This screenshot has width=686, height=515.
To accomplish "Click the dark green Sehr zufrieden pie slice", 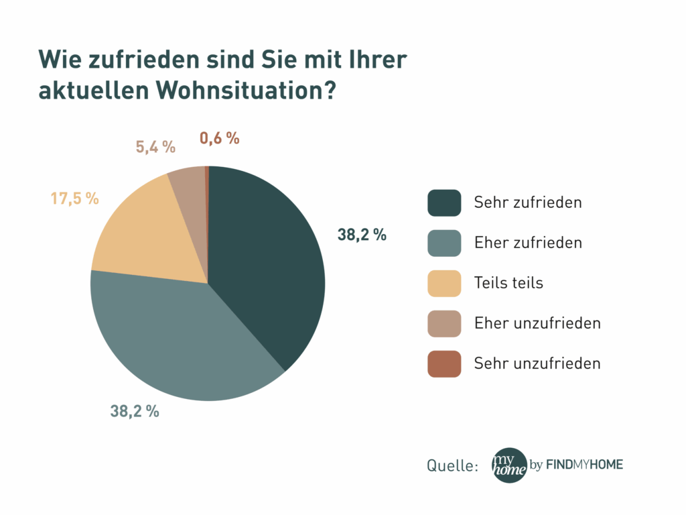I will pos(268,262).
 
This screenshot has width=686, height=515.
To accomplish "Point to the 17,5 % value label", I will pos(74,198).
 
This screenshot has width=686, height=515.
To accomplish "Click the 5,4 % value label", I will pos(155,147).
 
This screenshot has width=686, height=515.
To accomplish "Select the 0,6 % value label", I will pos(220,138).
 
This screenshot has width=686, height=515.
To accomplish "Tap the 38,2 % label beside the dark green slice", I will pos(362,235).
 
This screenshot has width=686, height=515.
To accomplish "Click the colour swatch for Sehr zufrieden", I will pos(444,203).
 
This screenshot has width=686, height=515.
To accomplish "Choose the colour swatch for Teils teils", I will pos(444,283).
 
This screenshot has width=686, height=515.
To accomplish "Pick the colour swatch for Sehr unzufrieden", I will pos(444,363).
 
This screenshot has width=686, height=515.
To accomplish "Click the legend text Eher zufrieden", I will pos(528,243).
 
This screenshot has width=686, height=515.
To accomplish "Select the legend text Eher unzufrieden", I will pos(537,323).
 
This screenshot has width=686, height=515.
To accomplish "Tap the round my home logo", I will pos(509,465).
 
